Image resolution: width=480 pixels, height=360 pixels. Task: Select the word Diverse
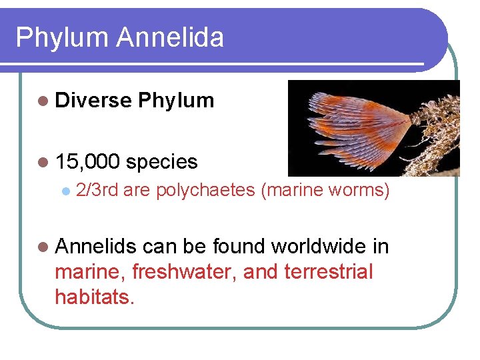(93, 101)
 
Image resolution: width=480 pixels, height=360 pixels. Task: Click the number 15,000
(88, 161)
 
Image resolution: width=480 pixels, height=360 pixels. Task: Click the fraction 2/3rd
(97, 191)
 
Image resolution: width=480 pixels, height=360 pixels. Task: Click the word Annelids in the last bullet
(96, 247)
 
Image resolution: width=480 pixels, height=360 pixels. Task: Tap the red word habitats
(95, 297)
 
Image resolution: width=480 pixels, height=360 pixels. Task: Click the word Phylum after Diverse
(176, 101)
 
